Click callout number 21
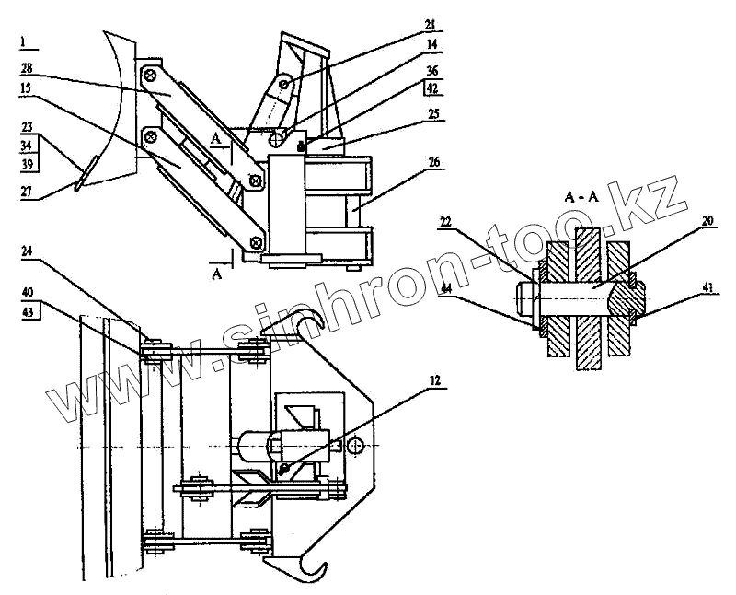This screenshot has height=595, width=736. coord(431,24)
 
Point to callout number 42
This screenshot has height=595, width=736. coord(431,90)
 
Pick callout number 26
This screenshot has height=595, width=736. coord(434,162)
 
